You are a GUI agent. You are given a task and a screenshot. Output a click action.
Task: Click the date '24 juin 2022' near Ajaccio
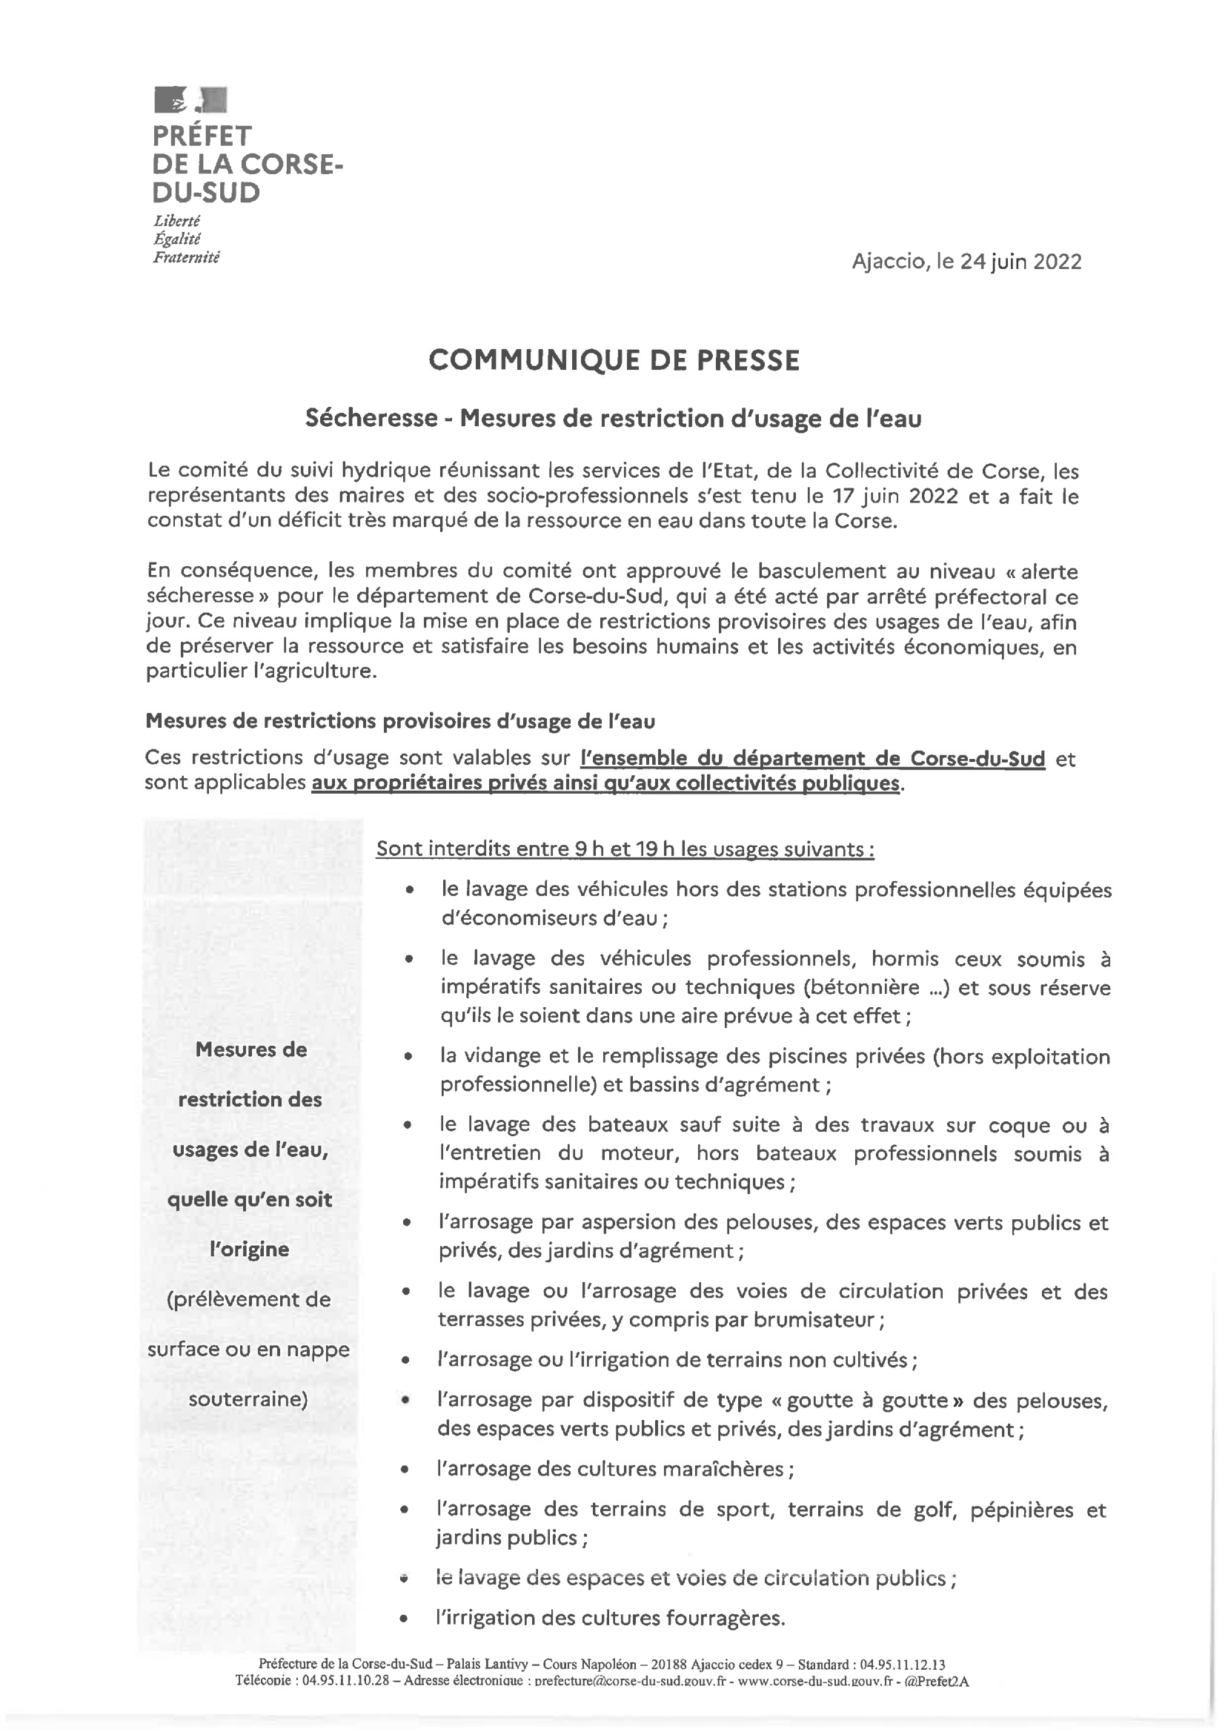coord(1020,262)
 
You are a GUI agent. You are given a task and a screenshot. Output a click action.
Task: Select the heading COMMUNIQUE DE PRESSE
coord(614,361)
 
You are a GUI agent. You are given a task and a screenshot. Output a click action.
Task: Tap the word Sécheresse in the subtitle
coord(371,418)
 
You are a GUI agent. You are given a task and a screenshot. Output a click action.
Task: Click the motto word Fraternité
coord(185,257)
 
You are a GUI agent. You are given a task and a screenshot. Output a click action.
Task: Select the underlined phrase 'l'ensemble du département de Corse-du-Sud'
coord(812,758)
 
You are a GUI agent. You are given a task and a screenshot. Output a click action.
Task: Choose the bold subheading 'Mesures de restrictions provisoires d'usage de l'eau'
coord(399,721)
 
